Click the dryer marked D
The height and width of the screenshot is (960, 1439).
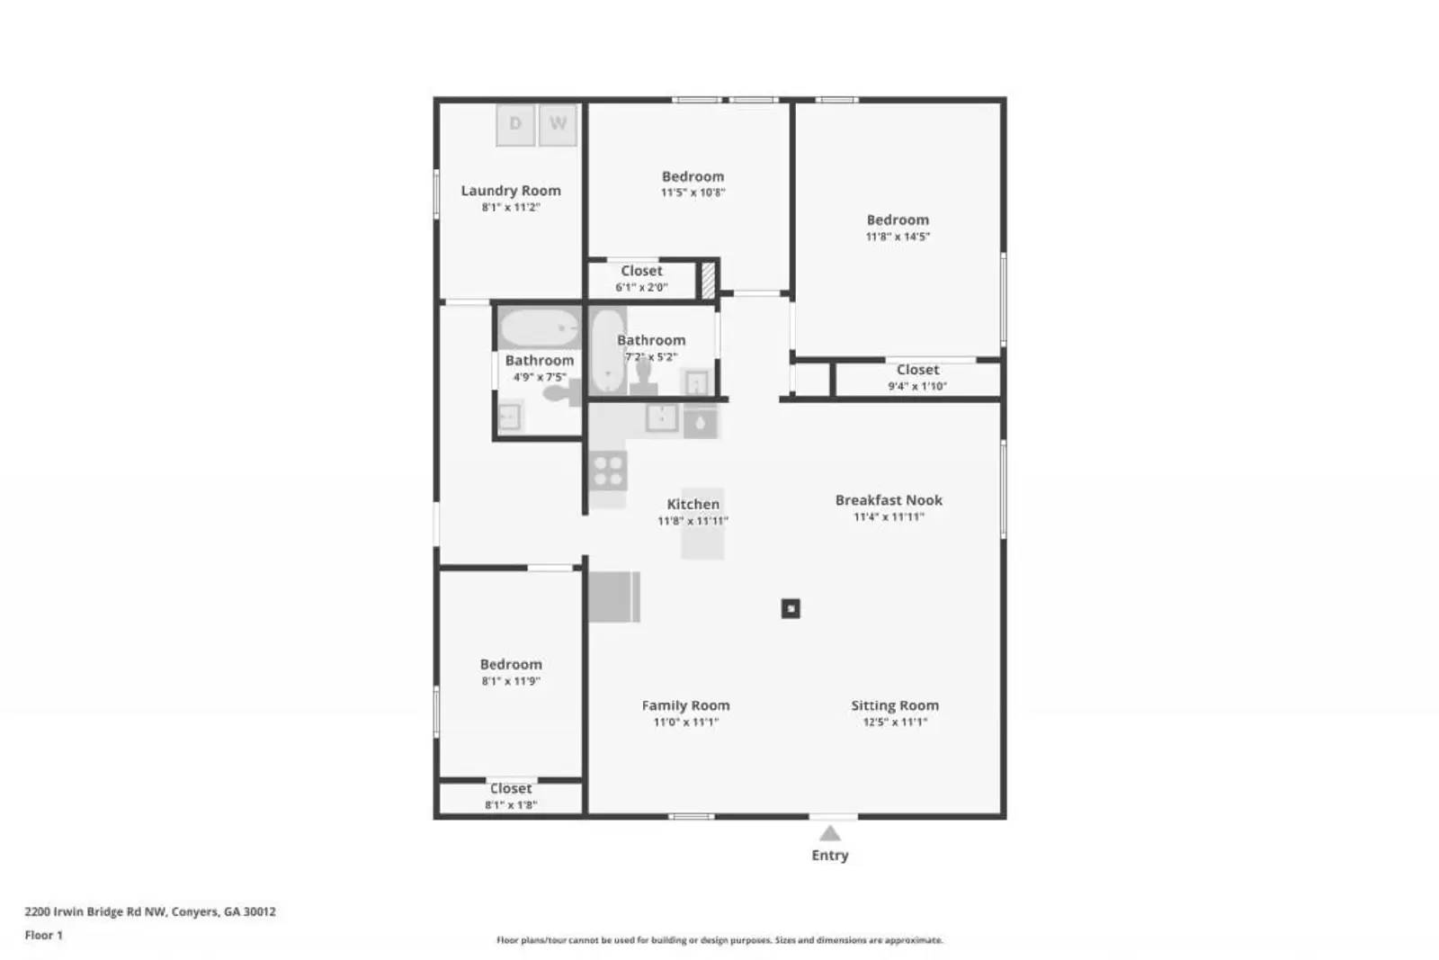click(x=515, y=124)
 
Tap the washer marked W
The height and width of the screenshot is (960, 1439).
click(x=558, y=124)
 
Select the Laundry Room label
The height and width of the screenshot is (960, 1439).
click(x=511, y=191)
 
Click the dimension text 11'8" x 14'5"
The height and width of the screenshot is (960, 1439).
click(x=898, y=237)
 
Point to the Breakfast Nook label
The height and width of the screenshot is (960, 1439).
click(x=889, y=500)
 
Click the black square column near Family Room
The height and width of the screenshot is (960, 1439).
click(x=791, y=609)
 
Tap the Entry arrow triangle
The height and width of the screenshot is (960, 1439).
click(x=830, y=834)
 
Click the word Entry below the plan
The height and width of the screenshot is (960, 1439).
click(x=830, y=856)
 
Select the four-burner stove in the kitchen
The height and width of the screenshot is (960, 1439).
click(x=608, y=471)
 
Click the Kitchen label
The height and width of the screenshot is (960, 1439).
click(x=693, y=505)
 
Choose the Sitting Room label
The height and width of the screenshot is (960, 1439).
click(x=895, y=706)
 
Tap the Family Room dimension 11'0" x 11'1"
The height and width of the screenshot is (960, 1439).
click(x=685, y=722)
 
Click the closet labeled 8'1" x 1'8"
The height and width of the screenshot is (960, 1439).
click(x=511, y=797)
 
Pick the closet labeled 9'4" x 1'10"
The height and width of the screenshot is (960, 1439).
click(x=917, y=378)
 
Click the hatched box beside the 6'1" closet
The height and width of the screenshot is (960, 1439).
click(x=708, y=280)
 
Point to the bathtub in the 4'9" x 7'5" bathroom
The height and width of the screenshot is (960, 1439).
click(x=540, y=328)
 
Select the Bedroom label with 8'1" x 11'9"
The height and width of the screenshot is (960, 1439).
click(x=511, y=665)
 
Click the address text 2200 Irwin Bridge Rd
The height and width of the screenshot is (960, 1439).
click(x=149, y=911)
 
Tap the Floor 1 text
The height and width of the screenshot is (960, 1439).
click(x=43, y=935)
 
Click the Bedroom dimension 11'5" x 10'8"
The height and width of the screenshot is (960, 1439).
click(x=693, y=193)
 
